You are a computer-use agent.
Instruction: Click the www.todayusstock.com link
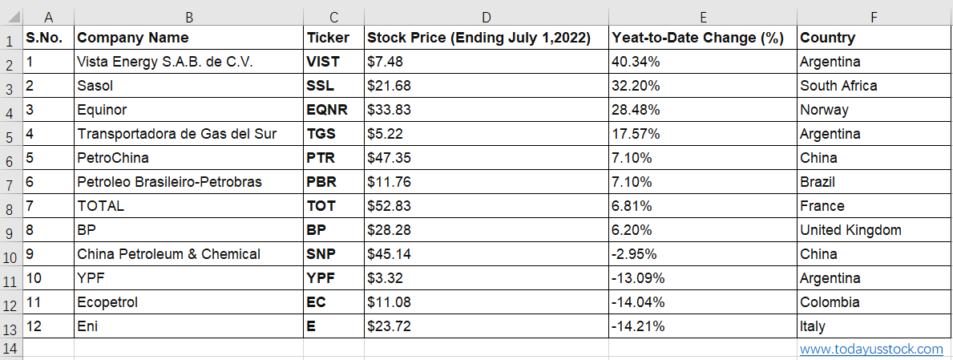pyautogui.click(x=871, y=349)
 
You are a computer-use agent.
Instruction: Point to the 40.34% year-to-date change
pyautogui.click(x=636, y=62)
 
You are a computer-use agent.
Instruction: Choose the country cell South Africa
pyautogui.click(x=838, y=86)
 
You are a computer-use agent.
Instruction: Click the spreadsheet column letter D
pyautogui.click(x=487, y=17)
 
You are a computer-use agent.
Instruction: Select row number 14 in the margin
pyautogui.click(x=11, y=349)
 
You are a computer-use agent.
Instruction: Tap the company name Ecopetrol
pyautogui.click(x=107, y=302)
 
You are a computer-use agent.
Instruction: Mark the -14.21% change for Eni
pyautogui.click(x=637, y=326)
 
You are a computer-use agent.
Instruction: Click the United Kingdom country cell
pyautogui.click(x=850, y=230)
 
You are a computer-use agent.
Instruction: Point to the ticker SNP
pyautogui.click(x=321, y=254)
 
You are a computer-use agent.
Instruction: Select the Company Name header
pyautogui.click(x=133, y=38)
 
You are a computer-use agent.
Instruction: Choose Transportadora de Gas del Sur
pyautogui.click(x=177, y=134)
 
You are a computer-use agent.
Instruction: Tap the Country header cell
pyautogui.click(x=827, y=38)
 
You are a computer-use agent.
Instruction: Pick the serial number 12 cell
pyautogui.click(x=34, y=326)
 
